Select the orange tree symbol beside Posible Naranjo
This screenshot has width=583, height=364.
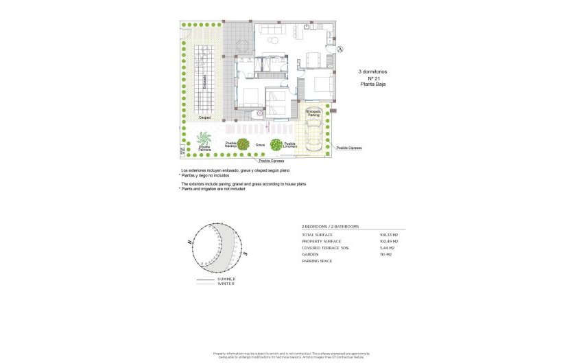coord(243,144)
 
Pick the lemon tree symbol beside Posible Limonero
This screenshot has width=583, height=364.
coord(276,144)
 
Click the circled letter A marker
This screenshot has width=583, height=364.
coord(340,49)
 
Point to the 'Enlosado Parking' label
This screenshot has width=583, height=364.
coord(313,113)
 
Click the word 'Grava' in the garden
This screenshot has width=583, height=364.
coord(260,146)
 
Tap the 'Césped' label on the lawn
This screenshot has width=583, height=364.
coord(204,117)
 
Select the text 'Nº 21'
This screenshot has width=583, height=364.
coord(372,78)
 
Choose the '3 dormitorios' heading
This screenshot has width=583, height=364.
coord(372,71)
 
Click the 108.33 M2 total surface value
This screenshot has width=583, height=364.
coord(389,236)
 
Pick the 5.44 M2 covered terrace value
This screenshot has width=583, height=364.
coord(389,248)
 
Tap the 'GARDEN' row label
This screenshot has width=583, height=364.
coord(310,254)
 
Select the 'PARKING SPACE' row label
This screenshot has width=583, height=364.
coord(317,261)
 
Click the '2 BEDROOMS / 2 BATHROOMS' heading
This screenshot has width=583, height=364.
coord(331,226)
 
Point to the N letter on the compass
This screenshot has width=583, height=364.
coord(188,242)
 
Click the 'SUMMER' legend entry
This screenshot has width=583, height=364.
coord(226,279)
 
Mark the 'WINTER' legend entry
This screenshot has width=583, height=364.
coord(226,284)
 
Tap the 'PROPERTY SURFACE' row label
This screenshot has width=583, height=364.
coord(321,242)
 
